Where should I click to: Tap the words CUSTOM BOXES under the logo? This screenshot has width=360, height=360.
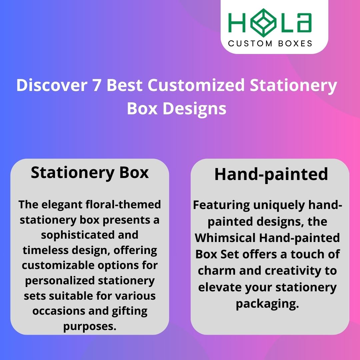[x=270, y=43]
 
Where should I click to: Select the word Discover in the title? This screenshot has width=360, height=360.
[x=49, y=86]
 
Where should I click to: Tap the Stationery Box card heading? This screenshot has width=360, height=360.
[x=90, y=173]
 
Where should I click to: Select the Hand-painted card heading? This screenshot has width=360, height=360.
[x=271, y=174]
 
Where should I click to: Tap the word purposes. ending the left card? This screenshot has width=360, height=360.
[x=90, y=326]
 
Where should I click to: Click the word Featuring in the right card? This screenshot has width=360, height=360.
[x=221, y=205]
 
